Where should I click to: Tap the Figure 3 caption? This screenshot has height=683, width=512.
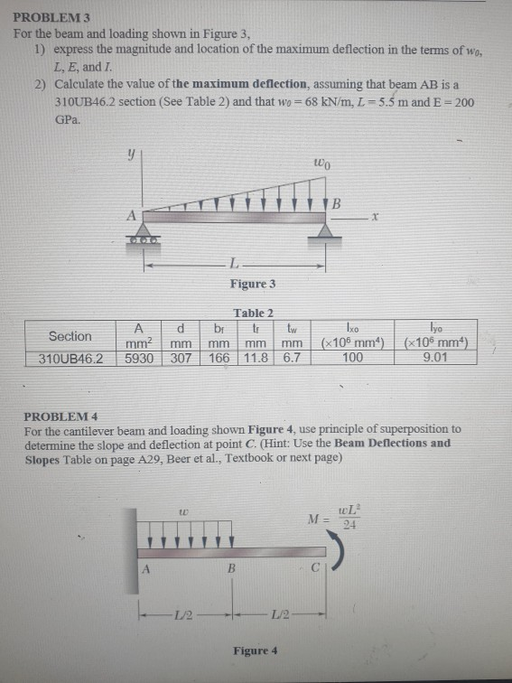[x=252, y=284]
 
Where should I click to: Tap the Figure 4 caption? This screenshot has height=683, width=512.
[x=256, y=650]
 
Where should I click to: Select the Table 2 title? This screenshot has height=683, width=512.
[x=252, y=313]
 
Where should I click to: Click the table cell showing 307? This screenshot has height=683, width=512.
[x=183, y=358]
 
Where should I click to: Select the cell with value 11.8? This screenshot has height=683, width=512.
[x=258, y=358]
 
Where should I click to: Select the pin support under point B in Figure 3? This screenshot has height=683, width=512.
[x=325, y=234]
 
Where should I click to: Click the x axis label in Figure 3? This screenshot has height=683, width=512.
[x=372, y=217]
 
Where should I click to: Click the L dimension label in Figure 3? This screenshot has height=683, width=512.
[x=233, y=265]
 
